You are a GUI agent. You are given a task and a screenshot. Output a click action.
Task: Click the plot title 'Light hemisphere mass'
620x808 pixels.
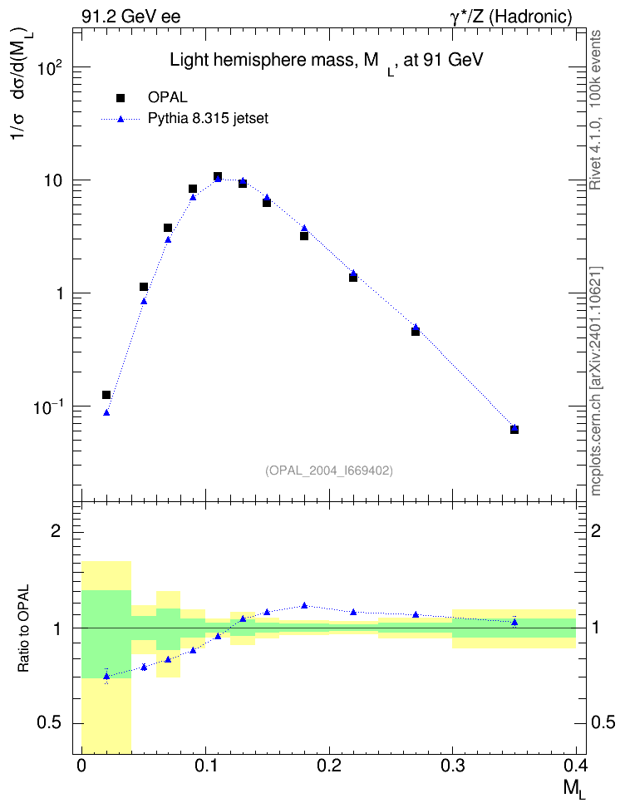261,61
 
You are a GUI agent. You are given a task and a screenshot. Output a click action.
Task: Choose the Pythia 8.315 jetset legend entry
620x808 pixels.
185,119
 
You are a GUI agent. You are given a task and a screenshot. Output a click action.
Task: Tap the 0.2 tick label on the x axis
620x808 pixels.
329,766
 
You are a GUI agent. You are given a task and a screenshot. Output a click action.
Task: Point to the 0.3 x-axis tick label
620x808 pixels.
453,766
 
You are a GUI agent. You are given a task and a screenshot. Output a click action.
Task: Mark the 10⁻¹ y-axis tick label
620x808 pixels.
47,407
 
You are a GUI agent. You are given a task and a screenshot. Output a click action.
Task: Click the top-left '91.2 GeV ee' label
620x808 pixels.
131,17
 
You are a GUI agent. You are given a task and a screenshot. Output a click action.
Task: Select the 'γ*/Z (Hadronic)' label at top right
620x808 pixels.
511,17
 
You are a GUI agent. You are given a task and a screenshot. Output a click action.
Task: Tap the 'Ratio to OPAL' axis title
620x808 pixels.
23,628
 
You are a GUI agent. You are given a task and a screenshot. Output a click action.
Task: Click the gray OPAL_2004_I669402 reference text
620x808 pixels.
329,471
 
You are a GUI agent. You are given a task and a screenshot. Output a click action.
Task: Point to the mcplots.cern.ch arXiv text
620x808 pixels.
596,381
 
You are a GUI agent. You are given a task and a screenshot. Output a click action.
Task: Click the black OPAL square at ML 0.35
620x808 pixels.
514,429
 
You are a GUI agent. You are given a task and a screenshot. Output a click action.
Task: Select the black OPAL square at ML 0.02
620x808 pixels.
106,395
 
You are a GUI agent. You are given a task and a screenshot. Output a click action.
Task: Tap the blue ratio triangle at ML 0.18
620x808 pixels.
304,605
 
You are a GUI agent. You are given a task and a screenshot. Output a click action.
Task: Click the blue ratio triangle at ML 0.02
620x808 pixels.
106,676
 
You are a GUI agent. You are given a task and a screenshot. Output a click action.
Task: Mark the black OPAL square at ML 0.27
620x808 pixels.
416,332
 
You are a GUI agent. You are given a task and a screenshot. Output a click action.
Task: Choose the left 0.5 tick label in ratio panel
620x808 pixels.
49,723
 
